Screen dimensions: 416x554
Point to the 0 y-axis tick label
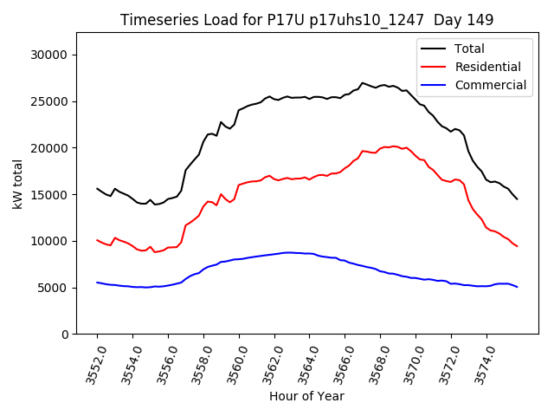pyautogui.click(x=65, y=335)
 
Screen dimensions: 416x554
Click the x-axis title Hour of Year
pyautogui.click(x=306, y=396)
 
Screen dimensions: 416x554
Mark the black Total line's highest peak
pyautogui.click(x=363, y=82)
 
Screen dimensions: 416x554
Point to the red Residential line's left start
pyautogui.click(x=97, y=240)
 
